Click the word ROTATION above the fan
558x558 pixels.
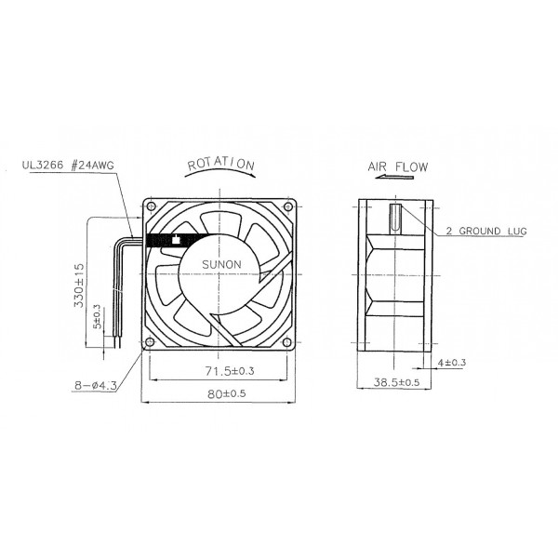pos(220,165)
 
